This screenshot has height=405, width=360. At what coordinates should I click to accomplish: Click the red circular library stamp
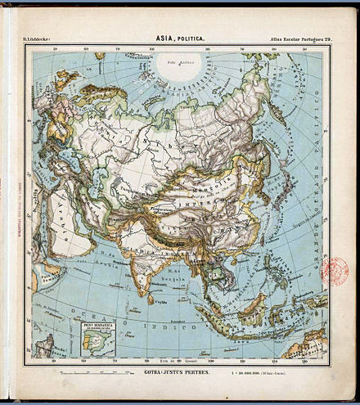[x=335, y=271]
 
